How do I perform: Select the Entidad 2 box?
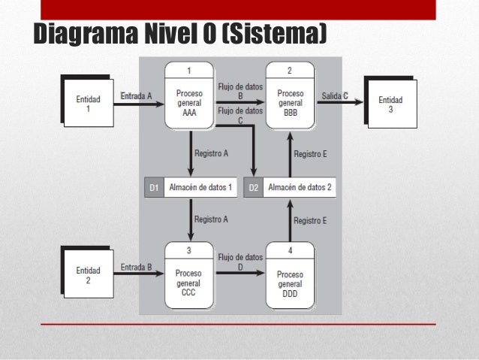87,274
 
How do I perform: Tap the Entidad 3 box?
390,104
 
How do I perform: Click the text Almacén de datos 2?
300,188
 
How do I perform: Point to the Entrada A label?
136,95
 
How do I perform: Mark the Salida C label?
335,95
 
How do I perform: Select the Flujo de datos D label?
240,262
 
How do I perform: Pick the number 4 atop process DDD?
290,249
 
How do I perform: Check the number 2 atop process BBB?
290,71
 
